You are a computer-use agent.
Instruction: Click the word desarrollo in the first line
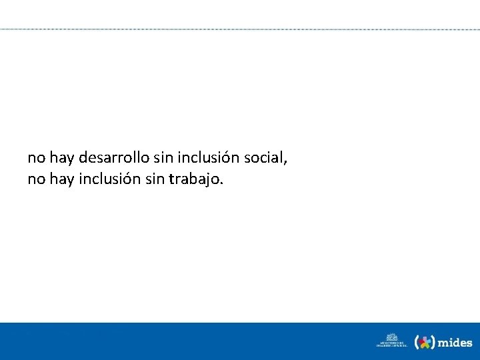click(108, 159)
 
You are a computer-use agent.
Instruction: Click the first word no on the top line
click(36, 159)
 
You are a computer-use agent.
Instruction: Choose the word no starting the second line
click(36, 179)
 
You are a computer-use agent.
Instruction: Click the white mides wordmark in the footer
click(456, 343)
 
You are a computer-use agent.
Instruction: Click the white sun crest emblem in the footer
click(392, 337)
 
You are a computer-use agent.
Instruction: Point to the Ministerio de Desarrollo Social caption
click(392, 345)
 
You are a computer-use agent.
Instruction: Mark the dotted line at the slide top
click(240, 29)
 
